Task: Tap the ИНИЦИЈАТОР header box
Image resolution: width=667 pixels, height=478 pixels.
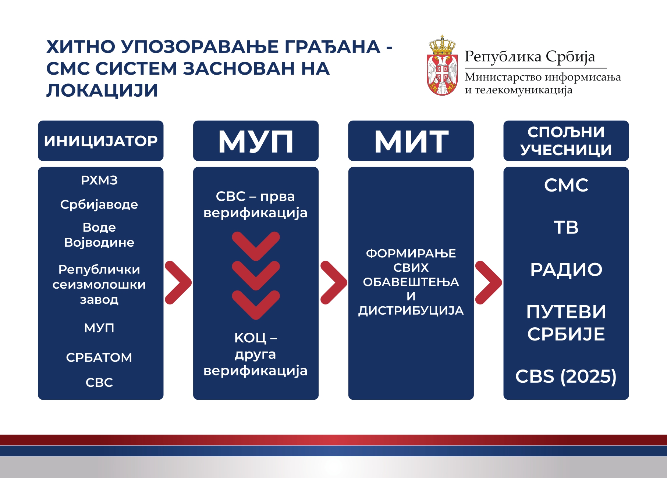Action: [101, 141]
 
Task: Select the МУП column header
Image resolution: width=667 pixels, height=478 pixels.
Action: [256, 141]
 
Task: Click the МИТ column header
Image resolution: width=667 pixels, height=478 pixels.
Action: [411, 141]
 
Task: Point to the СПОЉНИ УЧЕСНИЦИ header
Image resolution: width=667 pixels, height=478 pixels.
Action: [566, 141]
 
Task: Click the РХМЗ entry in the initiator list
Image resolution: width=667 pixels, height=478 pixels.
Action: [99, 180]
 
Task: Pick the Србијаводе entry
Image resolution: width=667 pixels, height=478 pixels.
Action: [99, 204]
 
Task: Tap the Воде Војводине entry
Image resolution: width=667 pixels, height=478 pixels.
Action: [99, 235]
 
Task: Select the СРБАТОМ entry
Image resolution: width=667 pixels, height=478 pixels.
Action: [99, 357]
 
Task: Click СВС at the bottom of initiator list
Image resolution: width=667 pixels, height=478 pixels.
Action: [99, 382]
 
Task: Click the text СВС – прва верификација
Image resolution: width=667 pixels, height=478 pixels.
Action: [256, 204]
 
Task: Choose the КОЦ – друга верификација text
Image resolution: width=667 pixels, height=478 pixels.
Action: [256, 354]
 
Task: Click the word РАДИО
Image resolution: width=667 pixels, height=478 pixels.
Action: [566, 270]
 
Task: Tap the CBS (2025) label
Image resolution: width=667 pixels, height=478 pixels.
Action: [566, 377]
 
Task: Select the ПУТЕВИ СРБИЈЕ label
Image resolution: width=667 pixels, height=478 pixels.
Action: [566, 323]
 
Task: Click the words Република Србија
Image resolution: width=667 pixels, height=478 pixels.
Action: [530, 57]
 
